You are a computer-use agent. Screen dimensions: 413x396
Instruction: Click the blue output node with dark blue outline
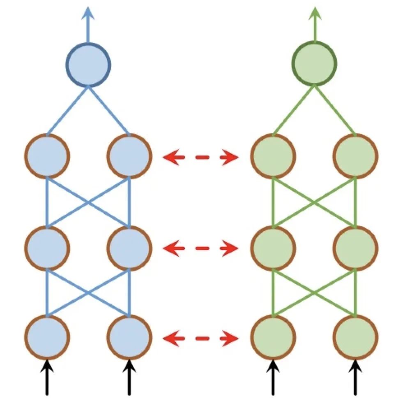(x=88, y=65)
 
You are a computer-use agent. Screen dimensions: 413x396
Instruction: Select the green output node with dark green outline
(x=314, y=65)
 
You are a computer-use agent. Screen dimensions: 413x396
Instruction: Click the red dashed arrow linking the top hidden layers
(x=201, y=157)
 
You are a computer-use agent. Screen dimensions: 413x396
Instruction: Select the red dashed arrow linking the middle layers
(x=201, y=248)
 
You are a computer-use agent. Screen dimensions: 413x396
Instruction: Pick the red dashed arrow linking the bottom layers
(x=201, y=338)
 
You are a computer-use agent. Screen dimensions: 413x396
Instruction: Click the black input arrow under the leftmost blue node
(x=47, y=377)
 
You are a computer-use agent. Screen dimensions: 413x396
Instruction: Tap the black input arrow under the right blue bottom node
(x=129, y=377)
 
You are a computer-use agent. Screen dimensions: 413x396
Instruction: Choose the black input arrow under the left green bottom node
(x=273, y=377)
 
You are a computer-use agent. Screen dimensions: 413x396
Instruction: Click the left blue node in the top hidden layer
(x=47, y=156)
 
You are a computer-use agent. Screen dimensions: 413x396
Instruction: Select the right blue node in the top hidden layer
(x=129, y=156)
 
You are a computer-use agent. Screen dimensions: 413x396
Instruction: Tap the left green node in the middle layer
(x=273, y=247)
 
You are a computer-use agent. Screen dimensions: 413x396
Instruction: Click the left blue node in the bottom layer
(x=47, y=338)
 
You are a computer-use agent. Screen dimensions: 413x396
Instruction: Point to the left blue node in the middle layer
(x=47, y=247)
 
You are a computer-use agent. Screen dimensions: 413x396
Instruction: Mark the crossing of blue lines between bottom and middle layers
(x=88, y=293)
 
